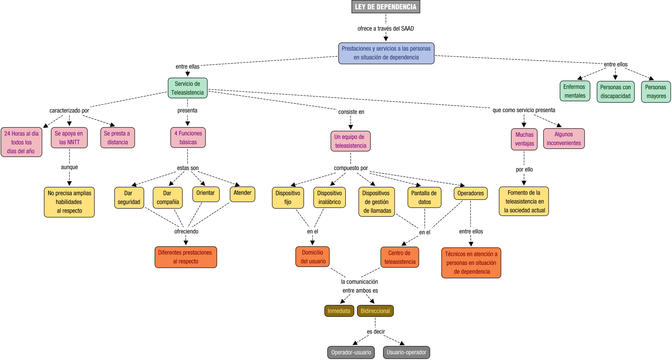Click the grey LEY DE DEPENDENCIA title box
pyautogui.click(x=386, y=7)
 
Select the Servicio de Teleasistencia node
pyautogui.click(x=188, y=88)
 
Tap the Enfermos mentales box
pyautogui.click(x=575, y=91)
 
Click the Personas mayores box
pyautogui.click(x=656, y=92)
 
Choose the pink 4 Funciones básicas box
pyautogui.click(x=188, y=137)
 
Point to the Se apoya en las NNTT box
pyautogui.click(x=69, y=138)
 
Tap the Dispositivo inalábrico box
pyautogui.click(x=329, y=198)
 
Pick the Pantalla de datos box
pyautogui.click(x=424, y=198)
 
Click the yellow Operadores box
pyautogui.click(x=470, y=194)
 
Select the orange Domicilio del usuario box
pyautogui.click(x=313, y=257)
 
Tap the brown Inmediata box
pyautogui.click(x=339, y=311)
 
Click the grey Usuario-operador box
pyautogui.click(x=406, y=352)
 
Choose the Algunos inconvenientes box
pyautogui.click(x=564, y=139)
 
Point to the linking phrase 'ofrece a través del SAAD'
pyautogui.click(x=386, y=29)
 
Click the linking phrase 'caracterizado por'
pyautogui.click(x=69, y=110)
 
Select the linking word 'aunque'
pyautogui.click(x=69, y=167)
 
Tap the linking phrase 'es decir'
pyautogui.click(x=376, y=332)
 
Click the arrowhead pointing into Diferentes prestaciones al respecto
pyautogui.click(x=186, y=243)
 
